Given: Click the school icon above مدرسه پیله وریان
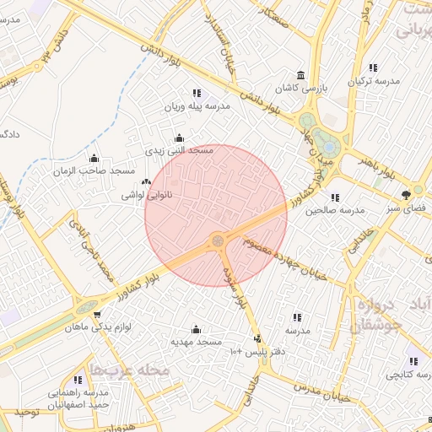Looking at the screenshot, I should [x=197, y=94].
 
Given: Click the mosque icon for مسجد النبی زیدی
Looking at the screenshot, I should [x=178, y=138].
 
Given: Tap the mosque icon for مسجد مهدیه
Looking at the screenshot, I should [x=197, y=329].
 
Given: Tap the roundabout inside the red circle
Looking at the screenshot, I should [x=219, y=241].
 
